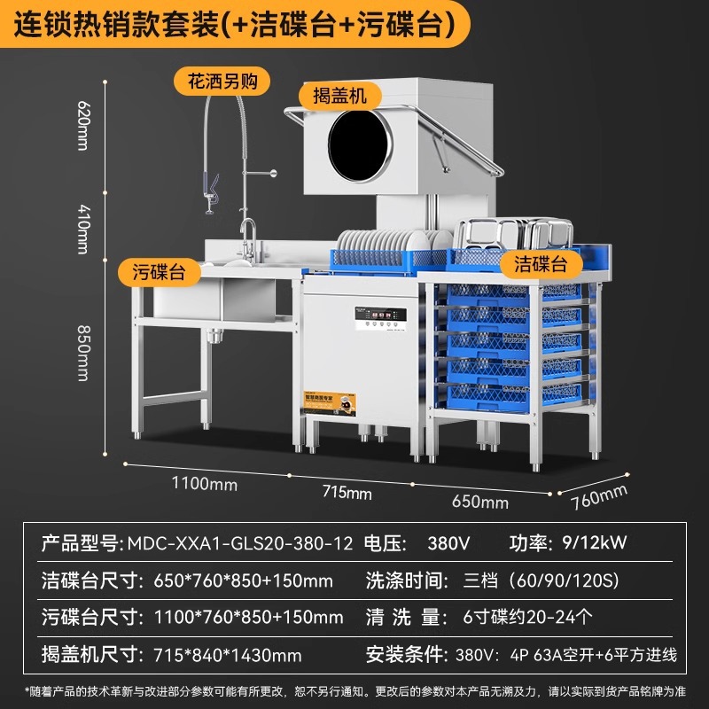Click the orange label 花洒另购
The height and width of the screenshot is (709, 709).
click(222, 82)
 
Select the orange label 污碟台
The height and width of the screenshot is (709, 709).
click(160, 272)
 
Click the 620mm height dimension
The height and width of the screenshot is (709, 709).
click(83, 125)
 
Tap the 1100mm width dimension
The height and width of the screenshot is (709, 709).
click(206, 484)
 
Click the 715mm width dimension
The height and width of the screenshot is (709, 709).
click(347, 492)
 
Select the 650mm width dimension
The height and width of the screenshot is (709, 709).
click(480, 502)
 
